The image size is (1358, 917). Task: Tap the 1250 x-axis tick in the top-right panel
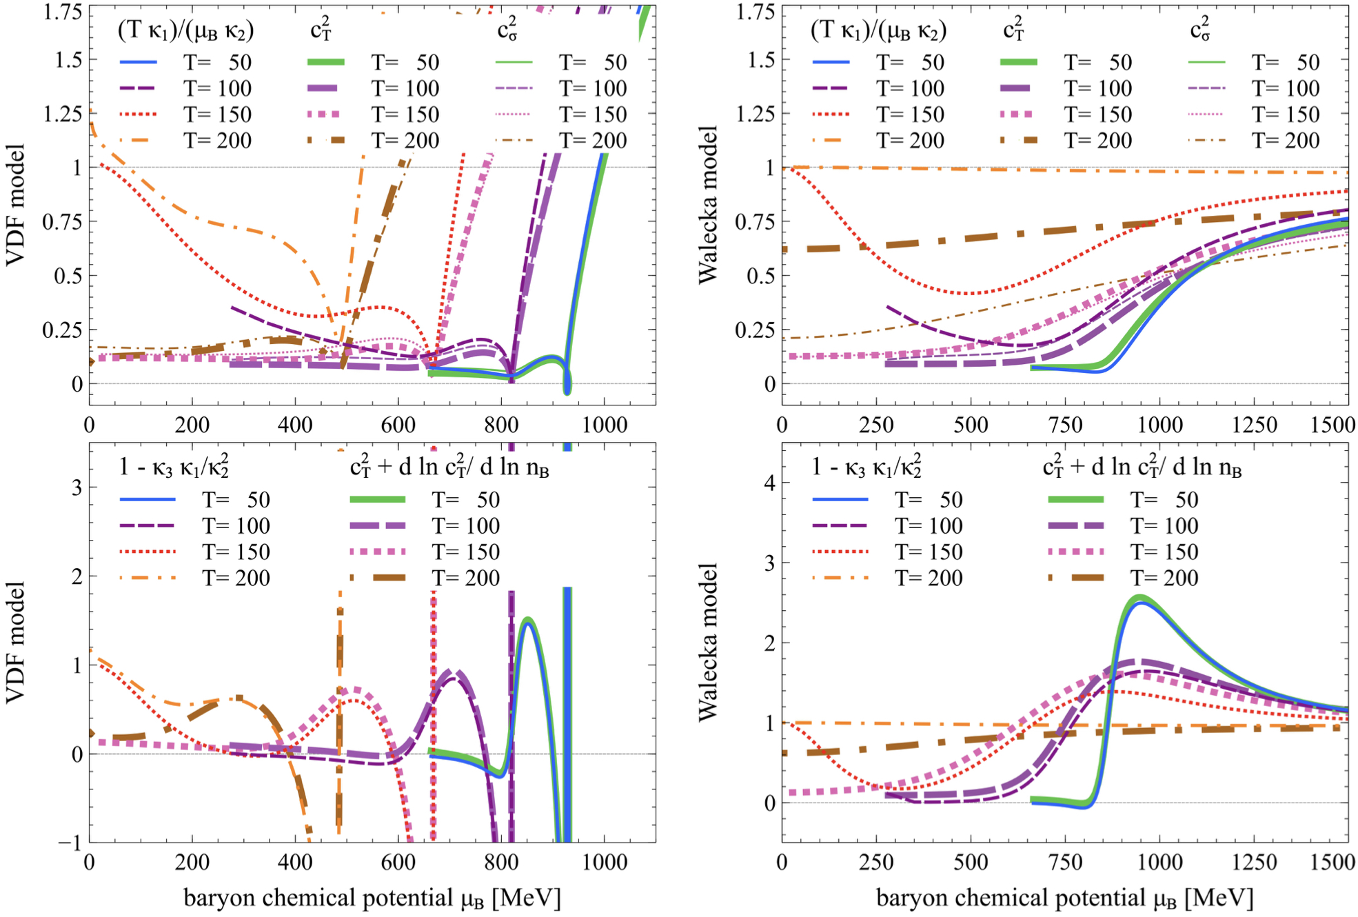(x=1255, y=425)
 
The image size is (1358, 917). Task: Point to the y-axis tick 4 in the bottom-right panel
(x=769, y=483)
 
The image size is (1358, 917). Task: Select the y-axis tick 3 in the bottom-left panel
(x=76, y=487)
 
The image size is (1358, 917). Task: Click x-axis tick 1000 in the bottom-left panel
(x=605, y=862)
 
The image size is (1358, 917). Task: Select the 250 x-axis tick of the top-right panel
(x=876, y=425)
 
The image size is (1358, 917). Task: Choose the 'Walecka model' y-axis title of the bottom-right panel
(x=708, y=643)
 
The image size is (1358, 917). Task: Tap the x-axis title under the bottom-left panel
(x=372, y=898)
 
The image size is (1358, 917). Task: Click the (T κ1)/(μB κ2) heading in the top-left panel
(x=185, y=30)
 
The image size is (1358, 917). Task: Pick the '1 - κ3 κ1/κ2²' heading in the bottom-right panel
(x=867, y=467)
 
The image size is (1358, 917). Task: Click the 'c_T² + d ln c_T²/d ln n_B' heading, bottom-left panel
(x=449, y=467)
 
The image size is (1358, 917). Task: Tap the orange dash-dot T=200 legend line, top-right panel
(x=831, y=140)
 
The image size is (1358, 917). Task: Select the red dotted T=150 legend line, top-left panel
(x=138, y=114)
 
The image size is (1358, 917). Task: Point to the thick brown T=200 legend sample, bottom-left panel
(x=378, y=578)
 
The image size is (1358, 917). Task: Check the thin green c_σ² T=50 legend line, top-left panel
(x=514, y=62)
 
